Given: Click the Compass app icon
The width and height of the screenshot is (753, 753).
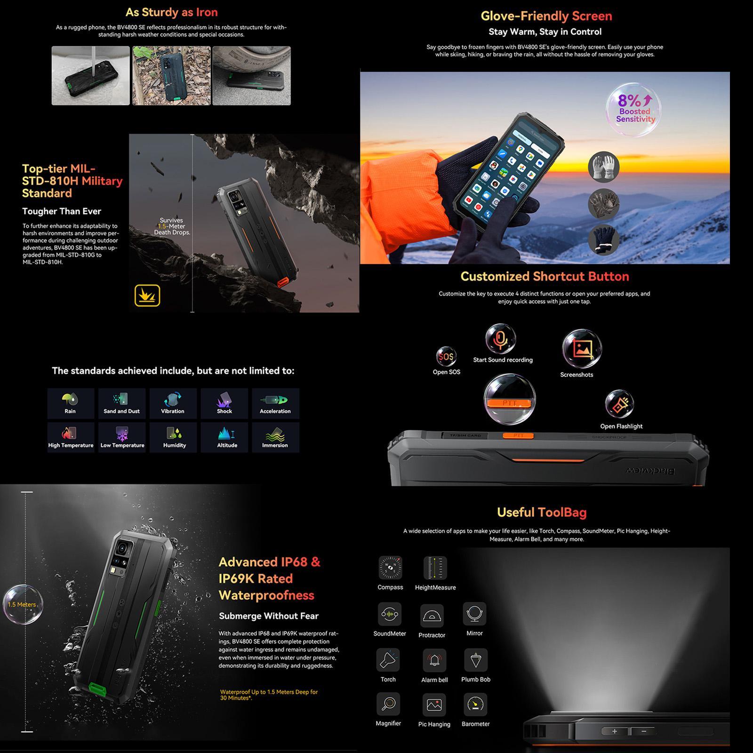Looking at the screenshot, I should (x=390, y=568).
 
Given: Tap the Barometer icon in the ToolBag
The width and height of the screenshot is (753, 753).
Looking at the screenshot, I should (x=475, y=705).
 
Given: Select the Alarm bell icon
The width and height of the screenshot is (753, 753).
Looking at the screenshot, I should (x=434, y=660).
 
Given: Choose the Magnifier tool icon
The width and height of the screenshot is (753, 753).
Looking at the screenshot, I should (x=388, y=704).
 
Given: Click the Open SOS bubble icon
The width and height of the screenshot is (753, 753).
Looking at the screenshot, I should (x=446, y=357).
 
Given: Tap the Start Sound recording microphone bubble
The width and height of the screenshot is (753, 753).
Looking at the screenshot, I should (x=500, y=339).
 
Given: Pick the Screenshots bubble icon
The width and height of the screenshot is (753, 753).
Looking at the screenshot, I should (x=582, y=349).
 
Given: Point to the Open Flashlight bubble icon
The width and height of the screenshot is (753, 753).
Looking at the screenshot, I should (x=619, y=404).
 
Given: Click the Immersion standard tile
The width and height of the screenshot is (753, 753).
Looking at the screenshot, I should (x=275, y=437).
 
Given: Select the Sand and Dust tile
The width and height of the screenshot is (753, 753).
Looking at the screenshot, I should (x=121, y=403).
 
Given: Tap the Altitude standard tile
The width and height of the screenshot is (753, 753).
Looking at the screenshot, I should (x=224, y=437).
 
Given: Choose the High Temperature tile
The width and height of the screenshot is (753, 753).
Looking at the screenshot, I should (x=71, y=437).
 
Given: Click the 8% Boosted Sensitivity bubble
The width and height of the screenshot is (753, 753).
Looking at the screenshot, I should (x=633, y=110).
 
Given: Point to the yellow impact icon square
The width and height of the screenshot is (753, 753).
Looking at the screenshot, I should (x=147, y=296).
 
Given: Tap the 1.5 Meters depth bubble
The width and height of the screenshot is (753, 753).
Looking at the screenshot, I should (x=22, y=604).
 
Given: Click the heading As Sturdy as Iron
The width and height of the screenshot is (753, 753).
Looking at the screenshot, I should (x=171, y=12).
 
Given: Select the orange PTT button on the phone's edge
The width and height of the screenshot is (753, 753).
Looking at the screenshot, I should (x=518, y=436).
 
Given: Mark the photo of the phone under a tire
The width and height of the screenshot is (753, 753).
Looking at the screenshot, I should (x=251, y=76).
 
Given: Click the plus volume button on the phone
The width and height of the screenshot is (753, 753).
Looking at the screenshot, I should (x=614, y=731).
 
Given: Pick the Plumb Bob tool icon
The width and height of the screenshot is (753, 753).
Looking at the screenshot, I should (x=475, y=660).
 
